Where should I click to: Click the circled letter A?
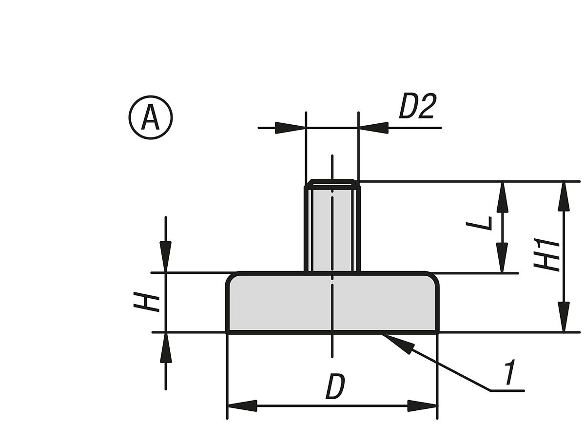tap(151, 117)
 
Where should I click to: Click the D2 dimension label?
tap(417, 107)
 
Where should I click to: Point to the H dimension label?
tap(146, 303)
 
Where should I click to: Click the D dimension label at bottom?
tap(335, 387)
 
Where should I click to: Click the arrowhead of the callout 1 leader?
tap(397, 342)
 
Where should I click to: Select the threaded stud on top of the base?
tap(332, 227)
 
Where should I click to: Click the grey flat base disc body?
tap(332, 302)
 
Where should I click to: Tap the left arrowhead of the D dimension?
tap(242, 405)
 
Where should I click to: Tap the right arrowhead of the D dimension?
tap(422, 405)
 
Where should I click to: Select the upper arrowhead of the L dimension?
tap(502, 197)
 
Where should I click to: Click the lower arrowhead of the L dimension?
tap(502, 257)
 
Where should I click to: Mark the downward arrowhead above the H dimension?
tap(166, 256)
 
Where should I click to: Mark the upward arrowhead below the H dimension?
tap(166, 348)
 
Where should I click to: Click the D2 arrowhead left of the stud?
tap(290, 128)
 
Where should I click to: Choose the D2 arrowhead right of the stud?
tap(374, 128)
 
